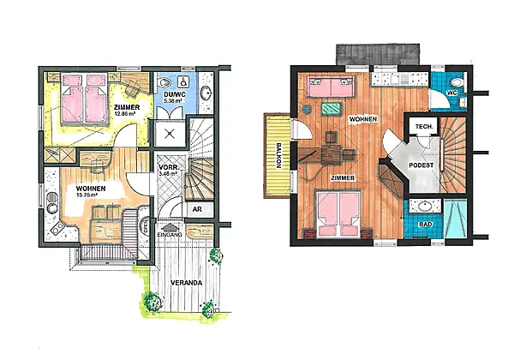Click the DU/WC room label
pos(175,95)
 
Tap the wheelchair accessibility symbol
pos(182,81)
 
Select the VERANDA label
pos(187,283)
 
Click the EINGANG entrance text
pos(170,235)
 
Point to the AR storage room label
pos(197,209)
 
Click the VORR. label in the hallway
pos(168,166)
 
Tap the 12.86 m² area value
pos(124,114)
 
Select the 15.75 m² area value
pos(87,195)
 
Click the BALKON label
pos(278,155)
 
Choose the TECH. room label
pos(424,127)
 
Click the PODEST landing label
pos(421,165)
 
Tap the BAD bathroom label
pos(426,225)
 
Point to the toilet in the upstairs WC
pos(457,81)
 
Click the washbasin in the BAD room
pos(425,207)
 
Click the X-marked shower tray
pos(169,133)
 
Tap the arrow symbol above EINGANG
pos(170,227)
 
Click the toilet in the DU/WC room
pos(164,81)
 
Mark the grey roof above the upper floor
pos(378,54)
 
